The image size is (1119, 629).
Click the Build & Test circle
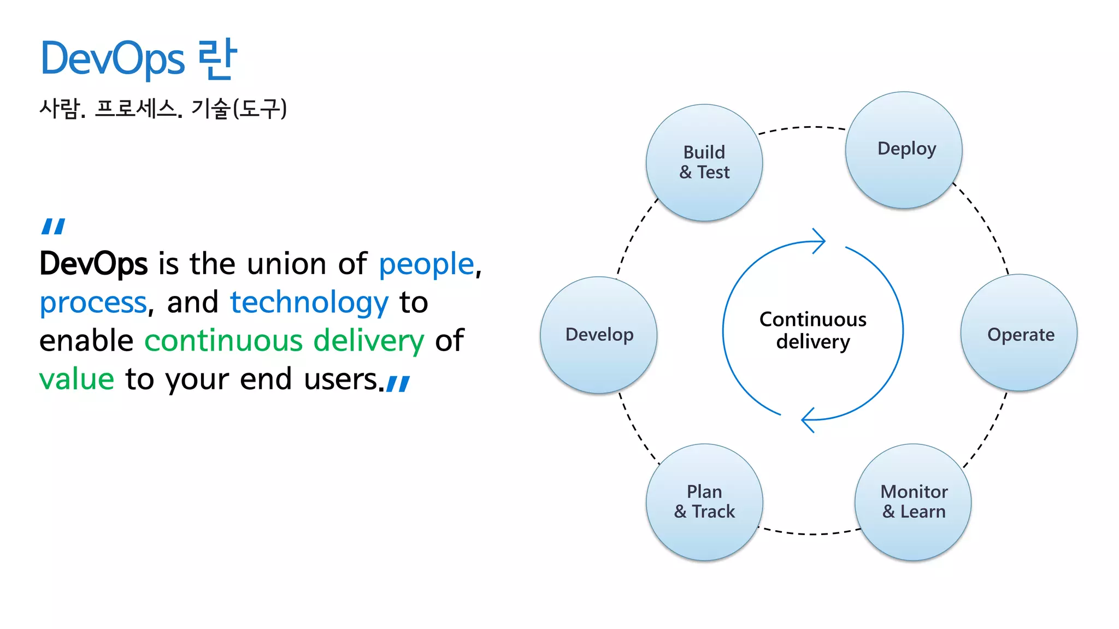704,163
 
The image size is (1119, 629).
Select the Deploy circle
904,150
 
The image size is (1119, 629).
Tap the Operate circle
1019,333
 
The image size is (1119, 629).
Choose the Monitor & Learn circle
913,502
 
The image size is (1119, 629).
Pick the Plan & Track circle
704,502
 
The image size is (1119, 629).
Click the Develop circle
599,334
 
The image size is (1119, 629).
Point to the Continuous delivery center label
812,330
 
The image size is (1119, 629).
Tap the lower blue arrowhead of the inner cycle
808,420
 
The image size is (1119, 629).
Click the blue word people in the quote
426,265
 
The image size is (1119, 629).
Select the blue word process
93,303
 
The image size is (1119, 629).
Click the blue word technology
309,303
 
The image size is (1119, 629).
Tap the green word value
76,379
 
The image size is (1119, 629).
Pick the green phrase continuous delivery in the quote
284,341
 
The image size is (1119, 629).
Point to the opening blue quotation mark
54,226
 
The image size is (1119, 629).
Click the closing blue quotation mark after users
398,383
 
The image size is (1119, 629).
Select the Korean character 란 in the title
217,59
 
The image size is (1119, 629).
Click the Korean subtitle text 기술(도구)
239,108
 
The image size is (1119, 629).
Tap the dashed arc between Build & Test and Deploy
803,127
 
